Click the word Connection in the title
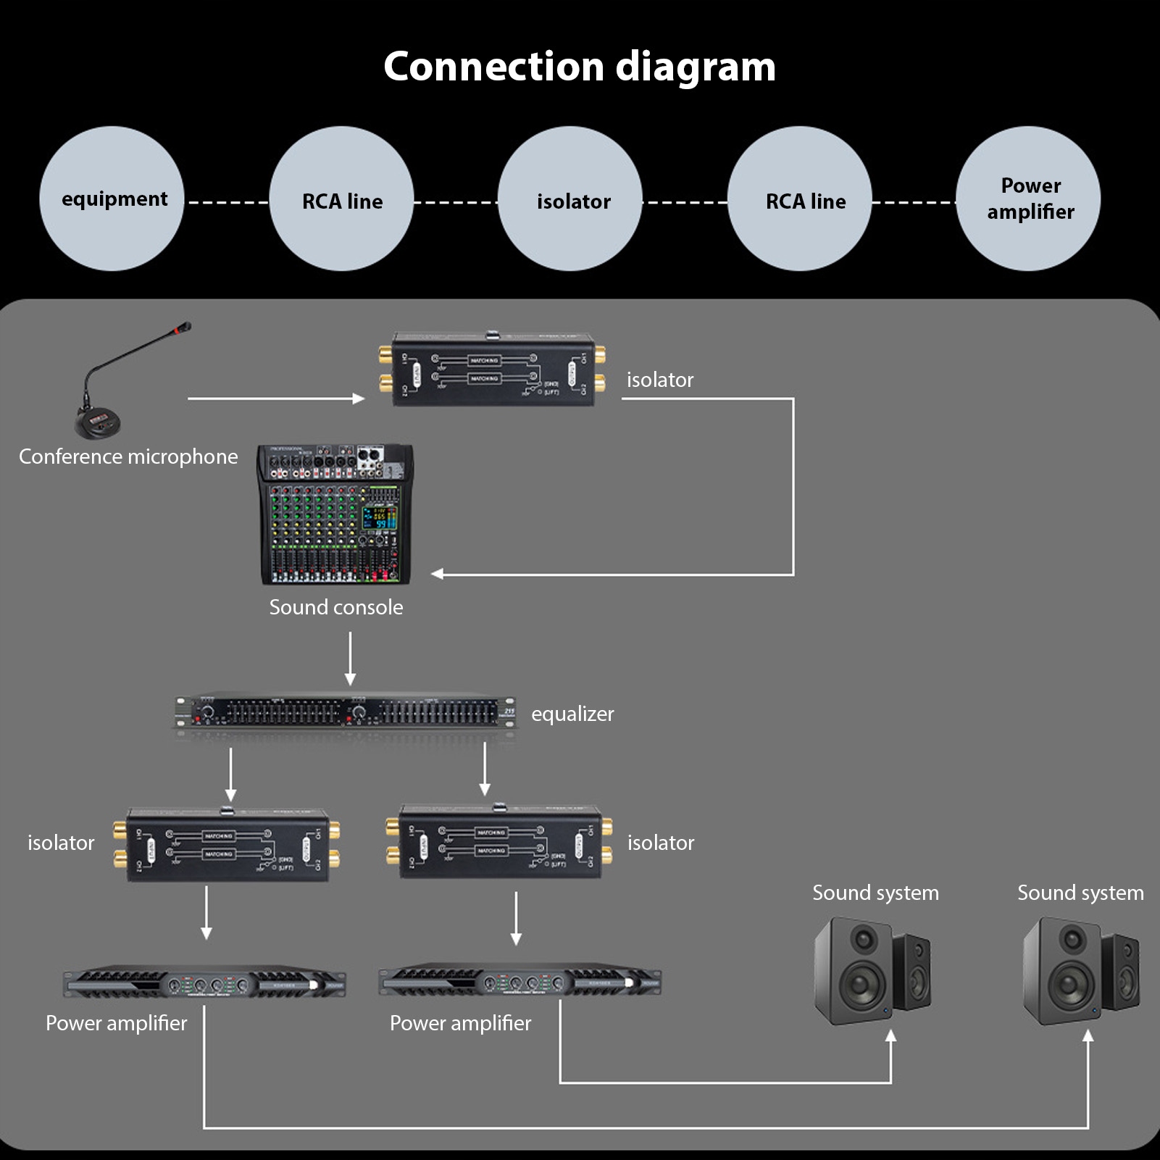coord(493,67)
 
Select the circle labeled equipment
coord(112,199)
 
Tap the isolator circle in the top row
coord(570,199)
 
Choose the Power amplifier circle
coord(1028,199)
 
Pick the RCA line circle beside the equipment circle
coord(341,199)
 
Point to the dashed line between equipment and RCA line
coord(227,202)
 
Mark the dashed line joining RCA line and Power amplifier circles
coord(914,202)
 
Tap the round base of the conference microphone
coord(99,424)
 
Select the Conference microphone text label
coord(128,456)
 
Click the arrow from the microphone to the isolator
coord(275,399)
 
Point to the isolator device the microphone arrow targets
coord(493,370)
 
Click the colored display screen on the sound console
coord(380,518)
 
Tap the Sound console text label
coord(336,607)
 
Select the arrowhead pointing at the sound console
coord(438,574)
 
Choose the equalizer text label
coord(572,714)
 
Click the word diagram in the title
coord(696,67)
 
